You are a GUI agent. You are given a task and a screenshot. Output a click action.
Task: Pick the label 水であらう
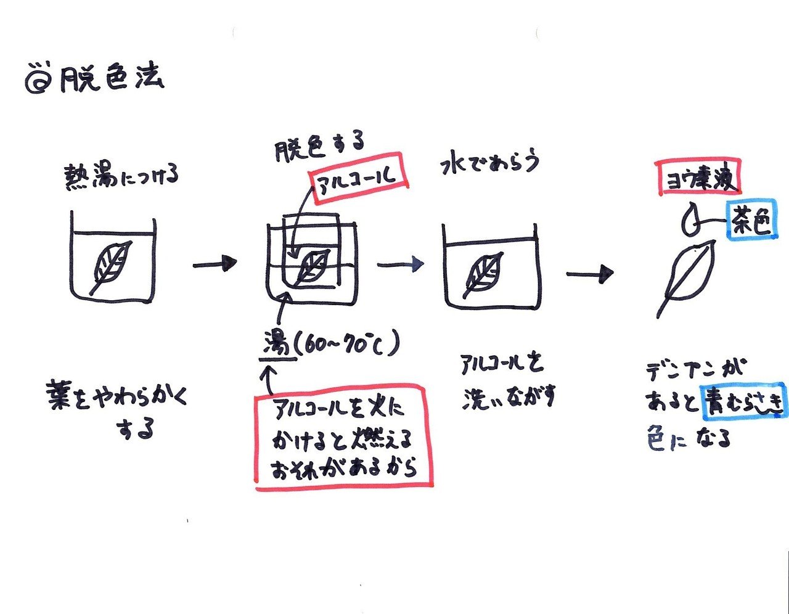(x=489, y=163)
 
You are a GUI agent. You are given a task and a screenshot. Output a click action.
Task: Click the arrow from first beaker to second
(x=214, y=264)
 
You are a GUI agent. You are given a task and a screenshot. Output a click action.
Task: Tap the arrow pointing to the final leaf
(x=590, y=274)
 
